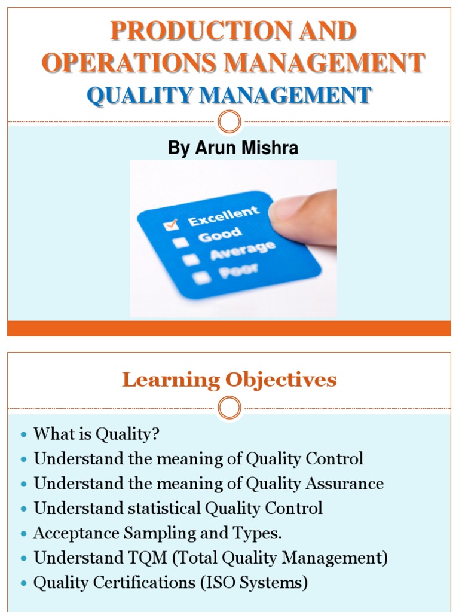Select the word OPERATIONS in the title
125,63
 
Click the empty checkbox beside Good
180,242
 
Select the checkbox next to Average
190,259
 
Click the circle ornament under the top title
229,122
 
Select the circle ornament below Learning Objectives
229,408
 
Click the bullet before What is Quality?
23,434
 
